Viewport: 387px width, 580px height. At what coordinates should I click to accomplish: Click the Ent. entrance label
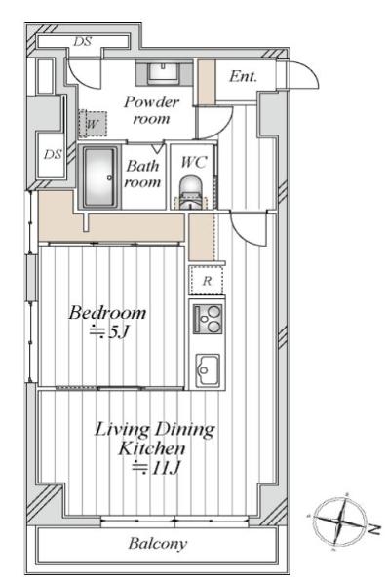[243, 77]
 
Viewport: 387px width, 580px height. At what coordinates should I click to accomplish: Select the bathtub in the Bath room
[99, 177]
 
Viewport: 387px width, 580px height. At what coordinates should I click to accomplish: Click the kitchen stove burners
[208, 320]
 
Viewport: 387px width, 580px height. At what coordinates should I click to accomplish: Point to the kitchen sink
[208, 370]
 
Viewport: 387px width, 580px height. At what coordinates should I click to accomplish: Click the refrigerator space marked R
[207, 281]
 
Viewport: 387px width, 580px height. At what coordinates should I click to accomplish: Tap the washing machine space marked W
[93, 124]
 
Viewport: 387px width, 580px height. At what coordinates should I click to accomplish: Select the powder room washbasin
[163, 73]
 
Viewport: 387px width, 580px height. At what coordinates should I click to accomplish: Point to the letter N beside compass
[374, 530]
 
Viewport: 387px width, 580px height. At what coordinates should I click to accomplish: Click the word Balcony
[158, 544]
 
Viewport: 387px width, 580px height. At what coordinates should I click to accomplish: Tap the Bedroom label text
[107, 313]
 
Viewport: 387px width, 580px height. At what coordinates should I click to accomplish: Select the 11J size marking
[157, 468]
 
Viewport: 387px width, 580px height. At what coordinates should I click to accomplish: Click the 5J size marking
[109, 332]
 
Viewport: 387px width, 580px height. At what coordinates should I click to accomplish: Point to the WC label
[194, 162]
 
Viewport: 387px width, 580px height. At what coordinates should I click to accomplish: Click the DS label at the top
[82, 41]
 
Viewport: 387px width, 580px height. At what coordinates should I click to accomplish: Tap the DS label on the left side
[53, 154]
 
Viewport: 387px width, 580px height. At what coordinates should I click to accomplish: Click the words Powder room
[152, 110]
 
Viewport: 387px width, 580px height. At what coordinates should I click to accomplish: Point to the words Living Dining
[155, 430]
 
